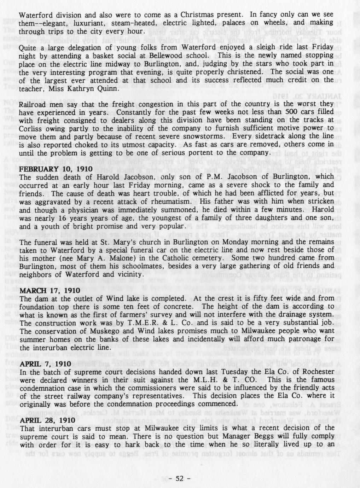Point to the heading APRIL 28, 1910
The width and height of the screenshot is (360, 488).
pos(47,420)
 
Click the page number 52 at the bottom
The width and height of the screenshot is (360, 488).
pos(180,479)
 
